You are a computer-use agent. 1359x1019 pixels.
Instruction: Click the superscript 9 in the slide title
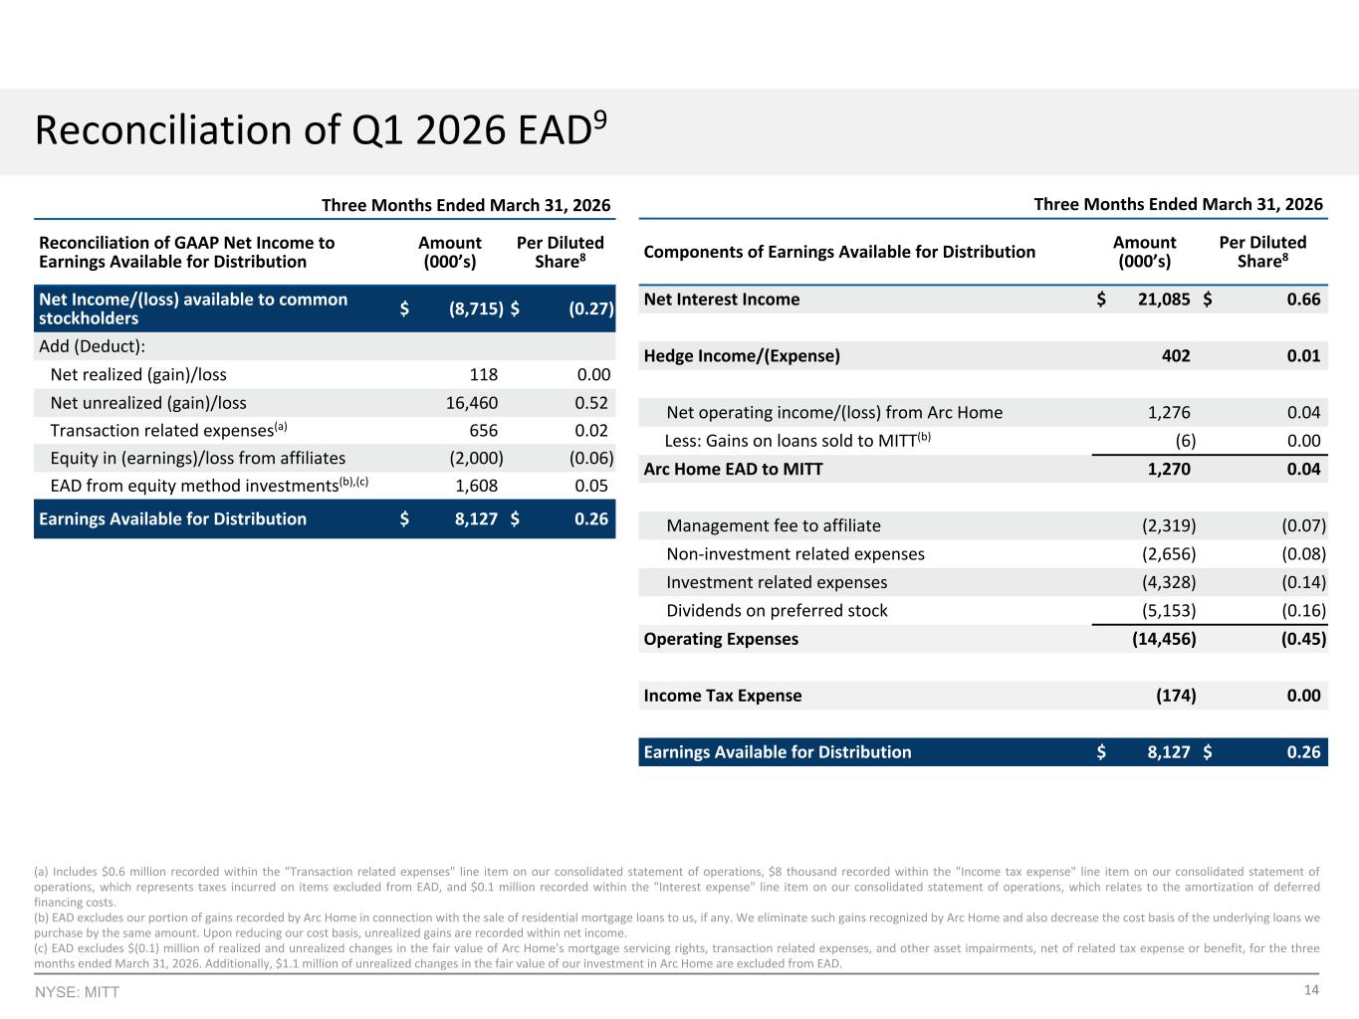[600, 120]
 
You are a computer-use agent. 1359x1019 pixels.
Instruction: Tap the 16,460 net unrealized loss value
[472, 403]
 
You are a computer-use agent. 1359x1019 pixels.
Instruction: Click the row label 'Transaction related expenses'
[162, 431]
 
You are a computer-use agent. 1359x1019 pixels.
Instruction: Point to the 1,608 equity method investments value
[476, 486]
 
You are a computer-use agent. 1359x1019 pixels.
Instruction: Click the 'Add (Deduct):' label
[93, 346]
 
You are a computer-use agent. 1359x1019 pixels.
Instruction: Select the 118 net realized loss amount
[484, 374]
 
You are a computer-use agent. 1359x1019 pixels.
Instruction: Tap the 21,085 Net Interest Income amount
[1164, 300]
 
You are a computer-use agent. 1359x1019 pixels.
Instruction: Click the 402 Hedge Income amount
[1176, 355]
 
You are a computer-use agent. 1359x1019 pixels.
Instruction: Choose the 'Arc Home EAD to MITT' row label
[733, 469]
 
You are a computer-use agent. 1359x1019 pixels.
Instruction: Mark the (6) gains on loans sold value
[1186, 441]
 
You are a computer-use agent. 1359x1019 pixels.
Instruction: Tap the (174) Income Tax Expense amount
[1176, 696]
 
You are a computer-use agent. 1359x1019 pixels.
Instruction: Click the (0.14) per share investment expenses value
[1304, 582]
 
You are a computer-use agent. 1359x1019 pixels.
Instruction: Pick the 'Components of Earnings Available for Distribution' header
[839, 252]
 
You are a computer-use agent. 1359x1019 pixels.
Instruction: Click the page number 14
[1311, 990]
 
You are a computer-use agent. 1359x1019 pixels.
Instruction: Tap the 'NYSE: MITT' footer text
[77, 992]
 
